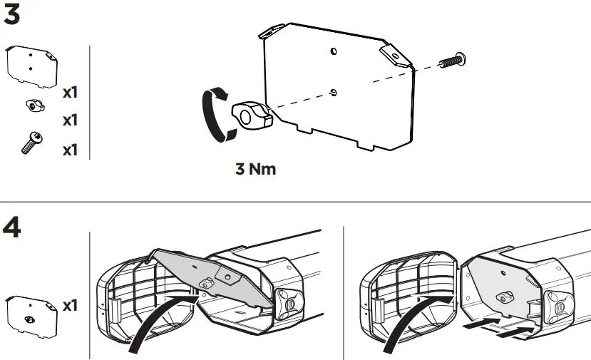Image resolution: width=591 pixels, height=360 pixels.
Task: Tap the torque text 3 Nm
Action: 255,170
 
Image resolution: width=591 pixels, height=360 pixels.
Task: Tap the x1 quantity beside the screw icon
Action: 70,150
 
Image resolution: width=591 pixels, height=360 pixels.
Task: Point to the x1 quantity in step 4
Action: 70,305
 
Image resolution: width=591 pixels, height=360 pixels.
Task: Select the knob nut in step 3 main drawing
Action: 250,115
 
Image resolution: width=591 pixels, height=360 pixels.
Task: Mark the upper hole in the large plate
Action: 334,52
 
